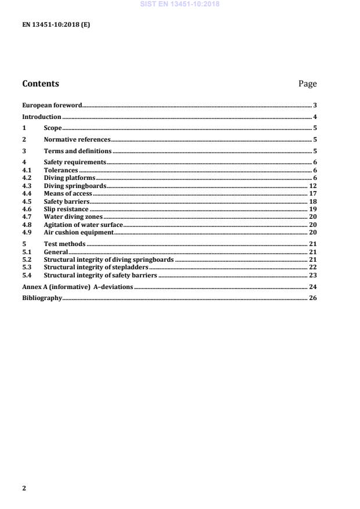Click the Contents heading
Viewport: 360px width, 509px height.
click(41, 84)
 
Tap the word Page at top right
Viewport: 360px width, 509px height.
click(307, 84)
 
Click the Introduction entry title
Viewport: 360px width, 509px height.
click(42, 117)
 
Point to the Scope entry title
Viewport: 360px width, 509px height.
click(53, 128)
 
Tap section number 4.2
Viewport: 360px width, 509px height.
click(26, 178)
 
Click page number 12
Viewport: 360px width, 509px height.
click(312, 186)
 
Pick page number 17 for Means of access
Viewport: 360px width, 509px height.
click(312, 193)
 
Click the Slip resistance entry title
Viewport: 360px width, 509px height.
click(66, 209)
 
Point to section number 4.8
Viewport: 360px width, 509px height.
click(26, 225)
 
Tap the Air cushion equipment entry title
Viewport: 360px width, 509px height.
click(79, 232)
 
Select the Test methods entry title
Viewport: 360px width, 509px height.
click(64, 244)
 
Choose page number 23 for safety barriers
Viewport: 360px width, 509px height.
click(312, 275)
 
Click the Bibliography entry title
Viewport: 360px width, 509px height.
click(42, 298)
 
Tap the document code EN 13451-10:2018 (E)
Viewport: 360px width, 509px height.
click(56, 25)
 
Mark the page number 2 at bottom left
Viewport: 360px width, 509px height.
click(24, 488)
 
